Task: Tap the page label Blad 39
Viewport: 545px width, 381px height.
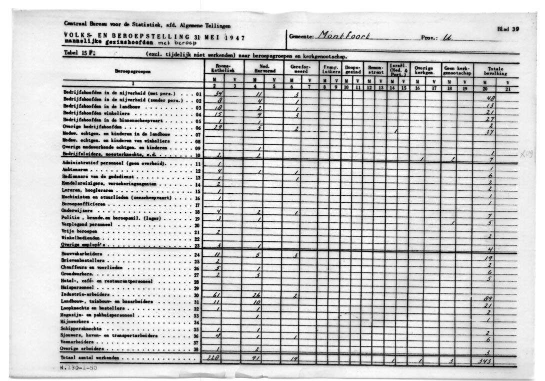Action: pyautogui.click(x=508, y=29)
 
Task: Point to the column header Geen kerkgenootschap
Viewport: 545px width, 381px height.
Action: pyautogui.click(x=454, y=69)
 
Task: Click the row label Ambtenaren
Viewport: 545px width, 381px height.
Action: pyautogui.click(x=74, y=170)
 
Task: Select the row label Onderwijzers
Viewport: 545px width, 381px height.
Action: pyautogui.click(x=75, y=211)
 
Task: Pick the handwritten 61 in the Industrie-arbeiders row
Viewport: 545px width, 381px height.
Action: pyautogui.click(x=217, y=295)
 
